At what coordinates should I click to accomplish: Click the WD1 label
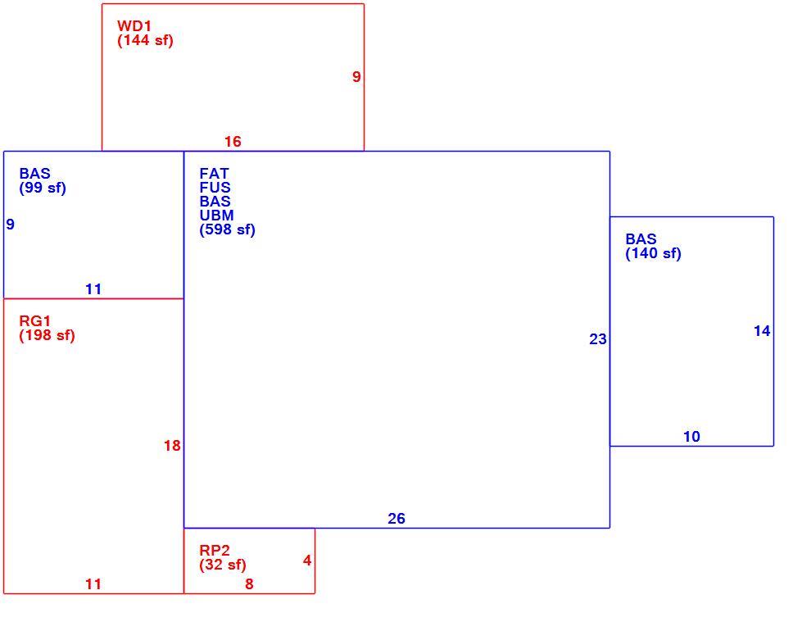134,26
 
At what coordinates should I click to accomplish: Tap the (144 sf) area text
145,40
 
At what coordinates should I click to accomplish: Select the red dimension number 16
233,141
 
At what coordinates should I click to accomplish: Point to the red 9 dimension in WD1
356,76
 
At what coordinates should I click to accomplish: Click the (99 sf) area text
43,188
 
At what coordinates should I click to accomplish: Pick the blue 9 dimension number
11,225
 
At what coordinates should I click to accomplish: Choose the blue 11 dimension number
93,289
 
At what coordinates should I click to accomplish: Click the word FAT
214,173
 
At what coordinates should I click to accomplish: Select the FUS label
215,187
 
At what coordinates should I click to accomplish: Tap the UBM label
217,216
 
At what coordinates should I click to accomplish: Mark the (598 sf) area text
228,229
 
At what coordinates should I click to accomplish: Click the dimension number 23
598,338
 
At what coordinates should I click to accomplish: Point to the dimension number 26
396,518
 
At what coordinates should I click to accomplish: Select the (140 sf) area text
653,253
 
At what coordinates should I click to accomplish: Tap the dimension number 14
763,331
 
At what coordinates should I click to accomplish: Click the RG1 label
35,320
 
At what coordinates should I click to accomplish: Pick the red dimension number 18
172,445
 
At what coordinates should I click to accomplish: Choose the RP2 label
215,551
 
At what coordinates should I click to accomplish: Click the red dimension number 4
307,561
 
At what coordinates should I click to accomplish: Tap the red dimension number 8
249,584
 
